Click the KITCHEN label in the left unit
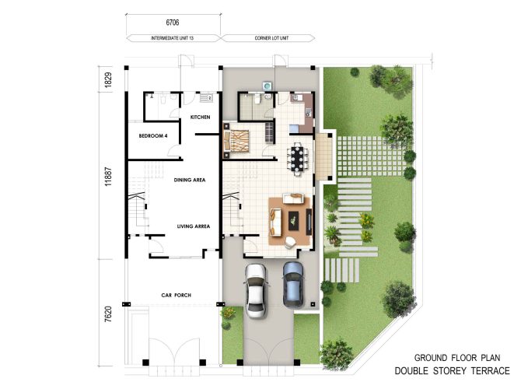pos(201,117)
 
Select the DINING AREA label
pos(189,180)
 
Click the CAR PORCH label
pos(177,295)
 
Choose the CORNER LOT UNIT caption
pos(270,38)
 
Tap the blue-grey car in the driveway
pos(292,283)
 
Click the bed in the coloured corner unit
pos(238,140)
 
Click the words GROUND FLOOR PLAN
pos(463,355)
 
